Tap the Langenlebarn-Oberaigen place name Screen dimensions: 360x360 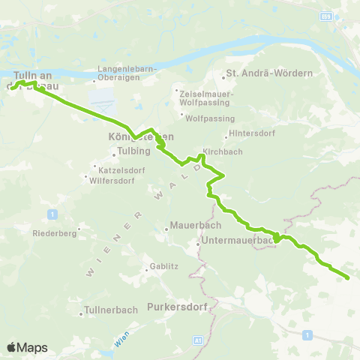126,73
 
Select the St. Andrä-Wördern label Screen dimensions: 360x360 268,74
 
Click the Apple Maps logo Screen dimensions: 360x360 27,347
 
